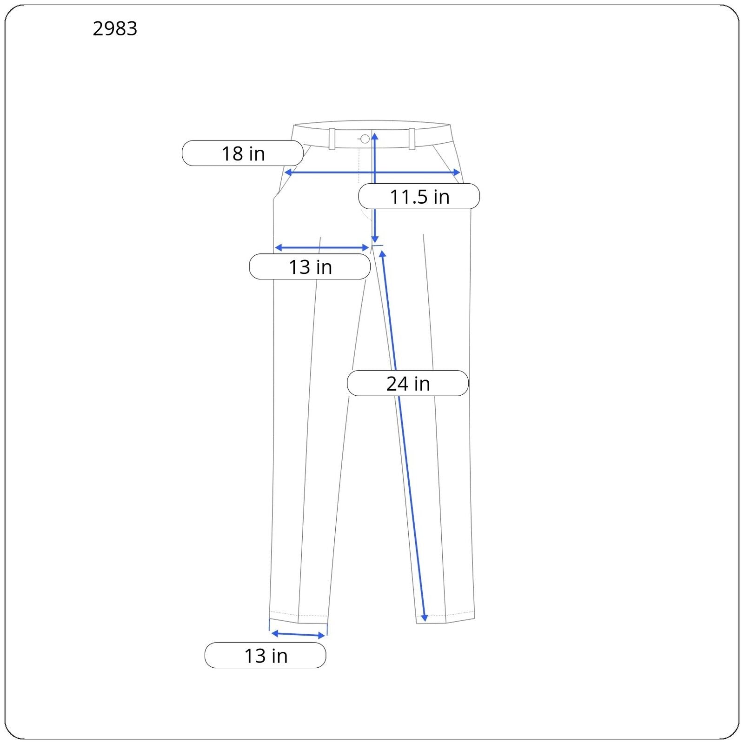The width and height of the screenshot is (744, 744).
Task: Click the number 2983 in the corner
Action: (x=115, y=29)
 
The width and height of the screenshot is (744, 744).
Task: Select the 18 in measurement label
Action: (x=242, y=153)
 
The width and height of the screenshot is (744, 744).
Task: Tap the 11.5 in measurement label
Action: (x=419, y=196)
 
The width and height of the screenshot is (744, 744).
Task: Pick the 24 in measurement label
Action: (x=407, y=383)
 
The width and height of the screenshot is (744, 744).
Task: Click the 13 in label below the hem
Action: (x=265, y=655)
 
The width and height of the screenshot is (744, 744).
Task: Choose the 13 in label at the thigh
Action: (x=310, y=266)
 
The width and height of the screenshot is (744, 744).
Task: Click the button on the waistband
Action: (x=365, y=139)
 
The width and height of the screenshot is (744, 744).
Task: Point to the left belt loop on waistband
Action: (x=332, y=139)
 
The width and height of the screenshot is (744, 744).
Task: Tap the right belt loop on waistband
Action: (x=412, y=139)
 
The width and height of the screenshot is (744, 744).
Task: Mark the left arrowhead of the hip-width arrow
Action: (x=287, y=173)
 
